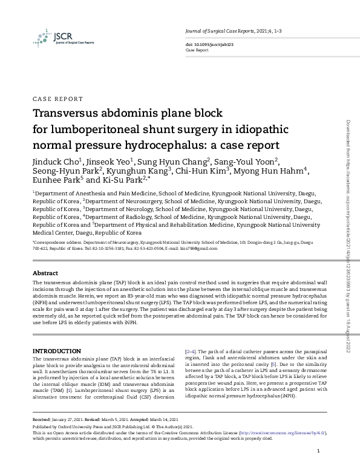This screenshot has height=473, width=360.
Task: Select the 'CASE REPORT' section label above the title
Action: [x=57, y=99]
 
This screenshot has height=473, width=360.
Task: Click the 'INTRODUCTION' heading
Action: [x=57, y=351]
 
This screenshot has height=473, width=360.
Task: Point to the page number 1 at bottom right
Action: [x=318, y=452]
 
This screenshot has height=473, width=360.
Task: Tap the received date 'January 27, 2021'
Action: [x=70, y=419]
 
